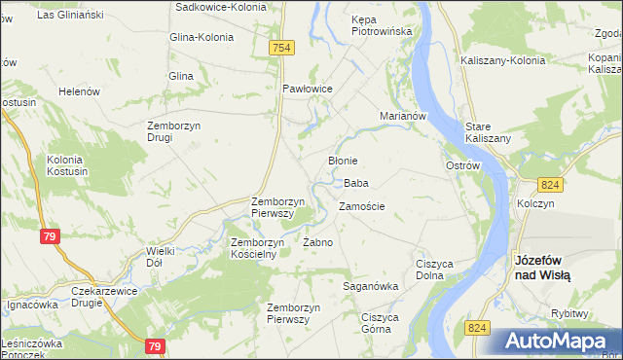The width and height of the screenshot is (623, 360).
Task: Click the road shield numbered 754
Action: pos(281,49)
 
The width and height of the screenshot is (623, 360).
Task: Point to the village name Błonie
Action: pos(343,161)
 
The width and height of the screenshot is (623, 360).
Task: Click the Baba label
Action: pos(355,182)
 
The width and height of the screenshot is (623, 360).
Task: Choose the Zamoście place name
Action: pos(361,206)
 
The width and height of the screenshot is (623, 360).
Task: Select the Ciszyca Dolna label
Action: pos(435,269)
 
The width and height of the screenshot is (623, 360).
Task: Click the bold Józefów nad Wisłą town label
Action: pos(541,268)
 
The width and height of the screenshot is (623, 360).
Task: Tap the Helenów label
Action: pos(80,91)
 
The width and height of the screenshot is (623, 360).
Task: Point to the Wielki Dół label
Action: pos(154,256)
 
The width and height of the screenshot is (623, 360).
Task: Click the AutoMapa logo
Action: pos(558,342)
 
